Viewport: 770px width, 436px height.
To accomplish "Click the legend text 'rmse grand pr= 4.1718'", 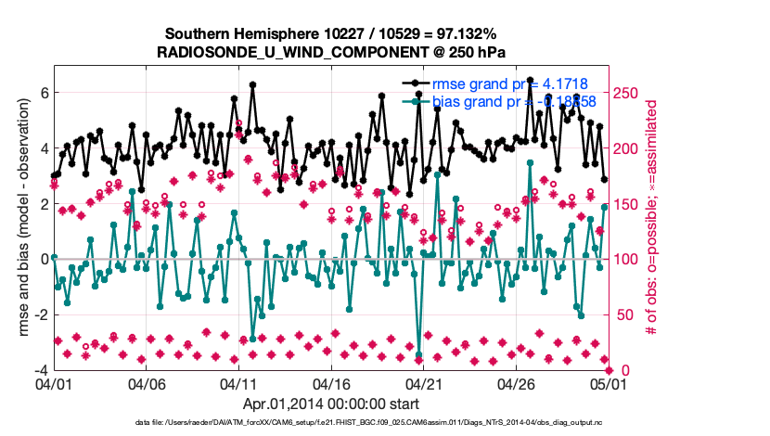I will click(x=510, y=83).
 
